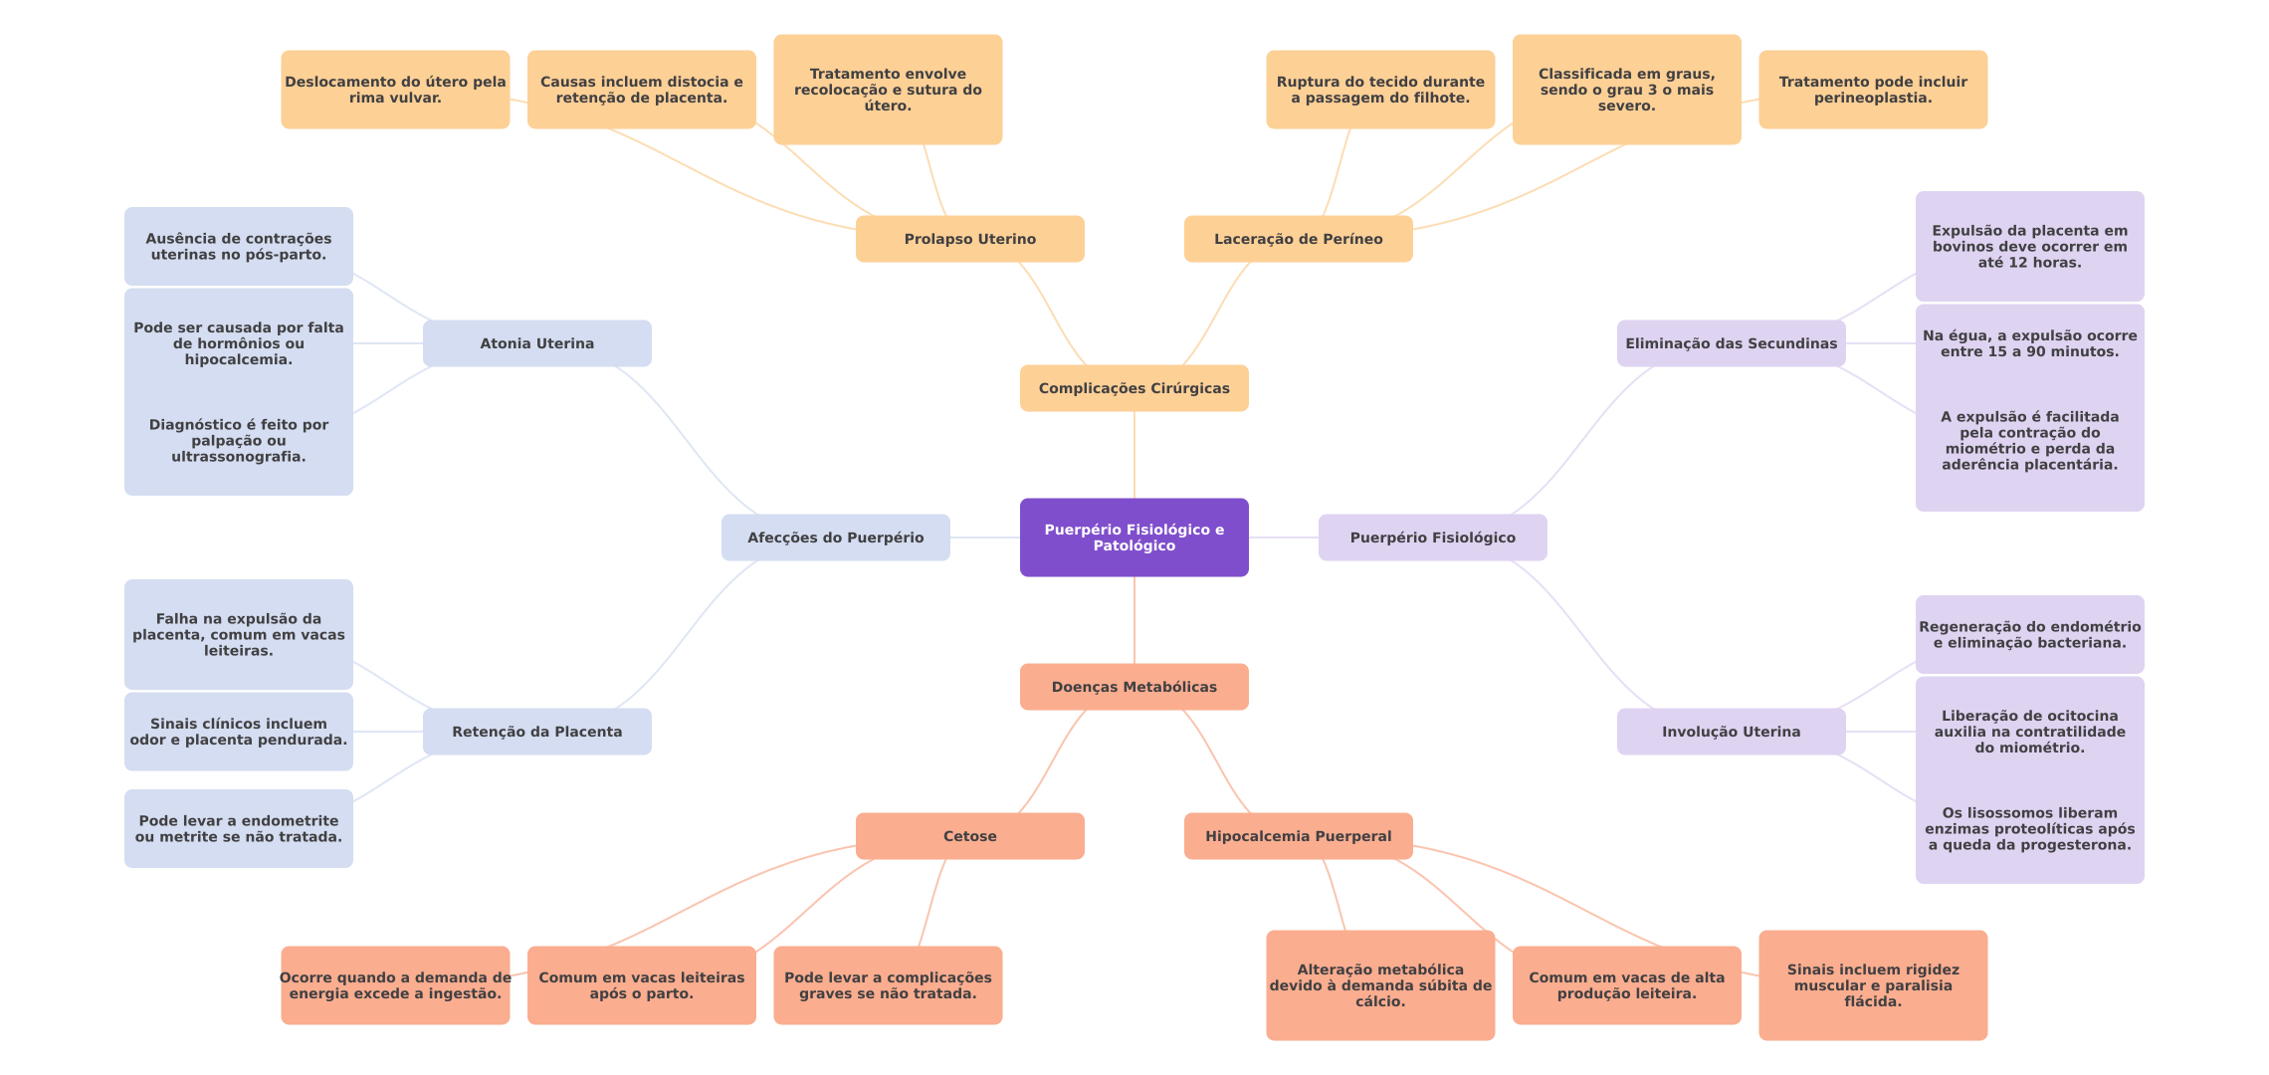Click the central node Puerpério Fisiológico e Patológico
tap(1134, 537)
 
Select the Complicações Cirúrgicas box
tap(1134, 388)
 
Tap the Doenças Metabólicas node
tap(1134, 687)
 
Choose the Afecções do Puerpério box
tap(836, 537)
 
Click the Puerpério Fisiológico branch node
tap(1433, 537)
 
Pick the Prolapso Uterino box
tap(970, 239)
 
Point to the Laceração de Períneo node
tap(1299, 239)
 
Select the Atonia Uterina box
tap(537, 343)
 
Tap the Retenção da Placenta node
tap(537, 732)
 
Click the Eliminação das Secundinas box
tap(1732, 343)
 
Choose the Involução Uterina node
tap(1732, 732)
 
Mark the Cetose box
tap(970, 836)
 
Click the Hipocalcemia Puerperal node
tap(1299, 836)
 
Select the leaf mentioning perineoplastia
tap(1873, 90)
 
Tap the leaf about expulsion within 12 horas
tap(2030, 247)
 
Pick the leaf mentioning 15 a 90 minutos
tap(2030, 343)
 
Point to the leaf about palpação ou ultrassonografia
tap(239, 441)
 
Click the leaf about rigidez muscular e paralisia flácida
tap(1873, 985)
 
